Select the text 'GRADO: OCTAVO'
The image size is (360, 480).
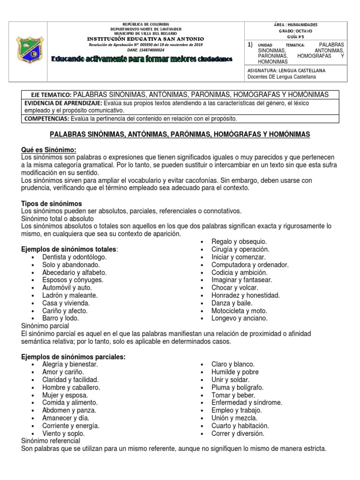[x=295, y=30]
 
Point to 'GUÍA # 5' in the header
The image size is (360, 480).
[x=295, y=36]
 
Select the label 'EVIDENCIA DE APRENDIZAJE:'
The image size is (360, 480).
[x=63, y=103]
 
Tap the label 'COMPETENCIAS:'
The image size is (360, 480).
[x=46, y=118]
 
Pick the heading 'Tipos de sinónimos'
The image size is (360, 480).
[x=52, y=203]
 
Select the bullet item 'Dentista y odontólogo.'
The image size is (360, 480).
[x=74, y=257]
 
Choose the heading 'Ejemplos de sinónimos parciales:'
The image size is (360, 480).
[x=74, y=357]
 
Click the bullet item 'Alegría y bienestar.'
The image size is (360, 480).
[x=70, y=364]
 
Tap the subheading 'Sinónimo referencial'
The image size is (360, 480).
[x=51, y=441]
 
